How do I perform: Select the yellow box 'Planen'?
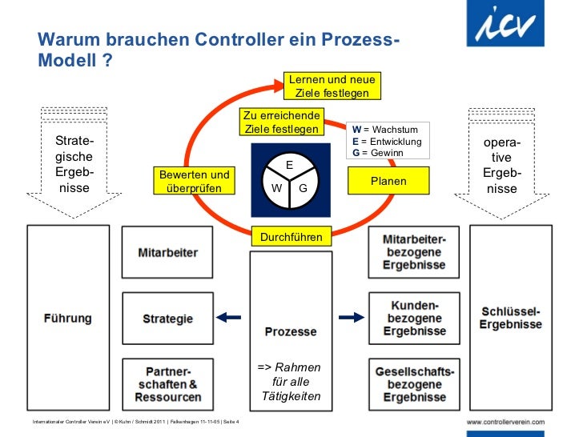pos(388,182)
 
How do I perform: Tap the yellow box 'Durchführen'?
pos(291,237)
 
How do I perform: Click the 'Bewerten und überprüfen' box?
pos(195,182)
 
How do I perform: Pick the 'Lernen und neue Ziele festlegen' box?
pos(332,86)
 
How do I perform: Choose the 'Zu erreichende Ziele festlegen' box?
pos(281,122)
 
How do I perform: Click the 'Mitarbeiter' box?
pos(169,253)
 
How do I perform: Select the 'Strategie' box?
pos(168,319)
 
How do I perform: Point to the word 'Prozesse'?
pos(291,331)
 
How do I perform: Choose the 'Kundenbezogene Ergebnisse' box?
pos(415,318)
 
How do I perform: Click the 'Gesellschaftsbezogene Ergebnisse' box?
pos(415,384)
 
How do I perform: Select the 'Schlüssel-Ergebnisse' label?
pos(511,318)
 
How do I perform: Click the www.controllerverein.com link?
pos(505,422)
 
